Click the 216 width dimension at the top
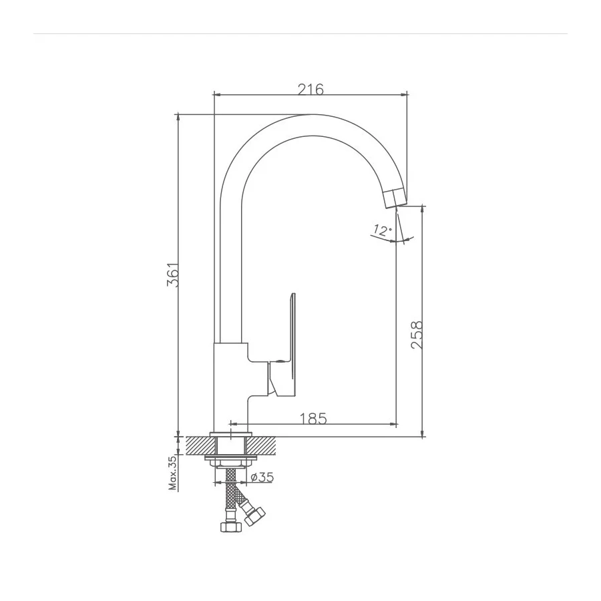pos(311,89)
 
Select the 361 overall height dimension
pos(173,274)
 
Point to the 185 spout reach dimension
pos(313,419)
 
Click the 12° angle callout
pos(382,231)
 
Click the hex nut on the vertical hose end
pos(229,526)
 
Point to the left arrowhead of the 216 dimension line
pos(216,95)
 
